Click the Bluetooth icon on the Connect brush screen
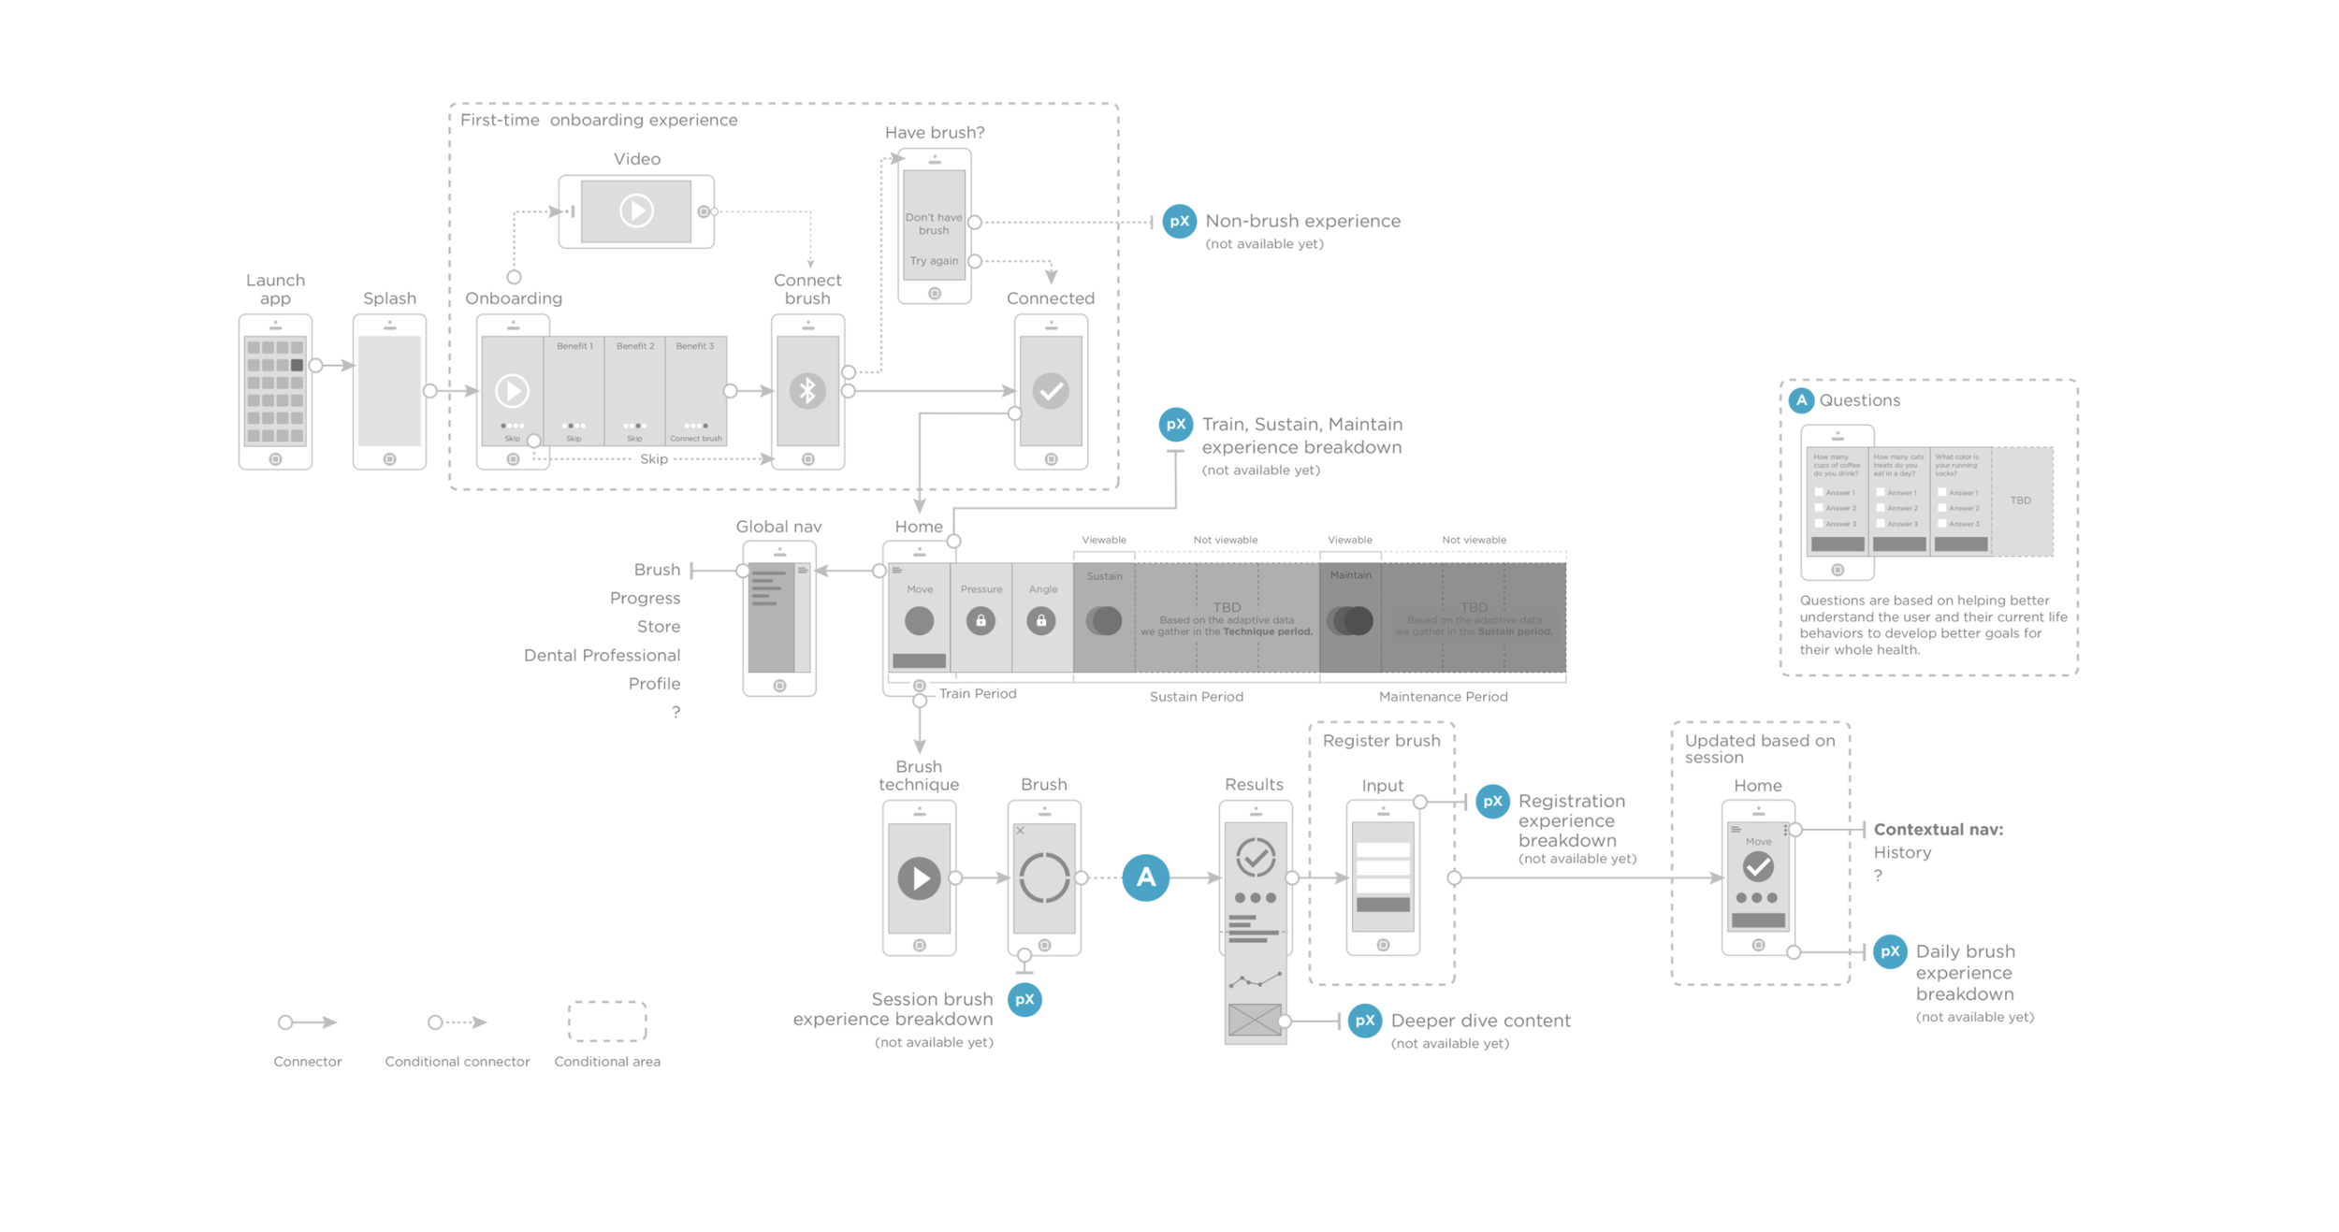tap(807, 391)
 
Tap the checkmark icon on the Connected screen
tap(1051, 391)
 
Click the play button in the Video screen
tap(636, 210)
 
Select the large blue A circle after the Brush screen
tap(1145, 877)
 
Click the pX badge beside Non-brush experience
tap(1179, 222)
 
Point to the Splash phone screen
tap(389, 391)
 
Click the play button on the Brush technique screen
tap(919, 877)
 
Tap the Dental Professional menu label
tap(602, 655)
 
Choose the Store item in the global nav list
tap(658, 627)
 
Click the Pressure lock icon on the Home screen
tap(981, 620)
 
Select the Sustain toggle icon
tap(1104, 620)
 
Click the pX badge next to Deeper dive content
tap(1365, 1021)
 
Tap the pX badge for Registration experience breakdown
tap(1492, 802)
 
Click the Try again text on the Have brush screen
tap(934, 261)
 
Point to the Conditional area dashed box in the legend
tap(607, 1022)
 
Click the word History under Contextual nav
tap(1902, 852)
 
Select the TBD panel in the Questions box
tap(2021, 500)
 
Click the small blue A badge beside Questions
tap(1801, 400)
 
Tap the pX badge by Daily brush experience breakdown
tap(1890, 952)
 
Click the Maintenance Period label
tap(1443, 697)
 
